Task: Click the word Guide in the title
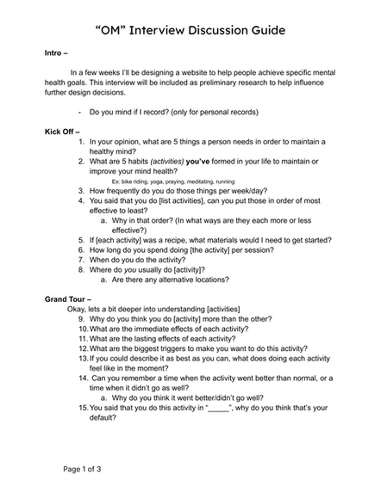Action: (x=258, y=30)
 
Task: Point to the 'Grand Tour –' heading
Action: (x=70, y=298)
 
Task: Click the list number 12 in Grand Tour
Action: (x=83, y=348)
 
